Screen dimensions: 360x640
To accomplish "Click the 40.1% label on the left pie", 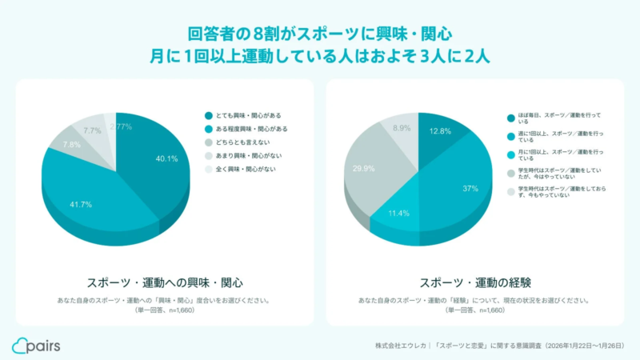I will [x=166, y=158].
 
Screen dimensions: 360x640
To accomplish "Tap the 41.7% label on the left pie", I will [x=81, y=205].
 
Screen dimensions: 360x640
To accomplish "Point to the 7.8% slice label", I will [x=71, y=145].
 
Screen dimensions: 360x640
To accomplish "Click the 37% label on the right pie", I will [x=470, y=189].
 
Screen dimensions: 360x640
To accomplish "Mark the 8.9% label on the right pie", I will [x=402, y=128].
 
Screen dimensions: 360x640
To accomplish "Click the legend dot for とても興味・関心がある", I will [x=208, y=115].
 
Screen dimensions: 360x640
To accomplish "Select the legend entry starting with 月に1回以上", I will [x=552, y=154].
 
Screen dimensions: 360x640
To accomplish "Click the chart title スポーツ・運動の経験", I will [x=475, y=282].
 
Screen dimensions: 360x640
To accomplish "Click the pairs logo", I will [x=36, y=345].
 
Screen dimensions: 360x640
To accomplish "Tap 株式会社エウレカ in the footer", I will [x=400, y=346].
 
